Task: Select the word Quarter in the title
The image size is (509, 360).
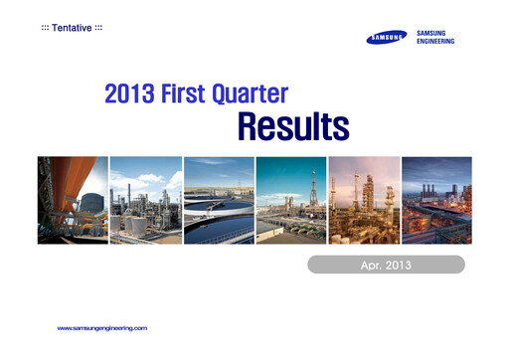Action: (256, 95)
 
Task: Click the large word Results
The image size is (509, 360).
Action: (292, 127)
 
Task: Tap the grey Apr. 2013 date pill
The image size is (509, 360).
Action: (385, 265)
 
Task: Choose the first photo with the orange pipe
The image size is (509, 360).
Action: (72, 200)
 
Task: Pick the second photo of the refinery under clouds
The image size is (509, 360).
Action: (145, 200)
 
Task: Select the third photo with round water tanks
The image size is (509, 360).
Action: (218, 200)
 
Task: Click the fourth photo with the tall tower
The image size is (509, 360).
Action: (290, 200)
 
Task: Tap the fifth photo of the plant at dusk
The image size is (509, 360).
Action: (364, 200)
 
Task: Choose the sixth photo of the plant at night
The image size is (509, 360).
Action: (436, 200)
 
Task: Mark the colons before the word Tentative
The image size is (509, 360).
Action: (45, 25)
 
